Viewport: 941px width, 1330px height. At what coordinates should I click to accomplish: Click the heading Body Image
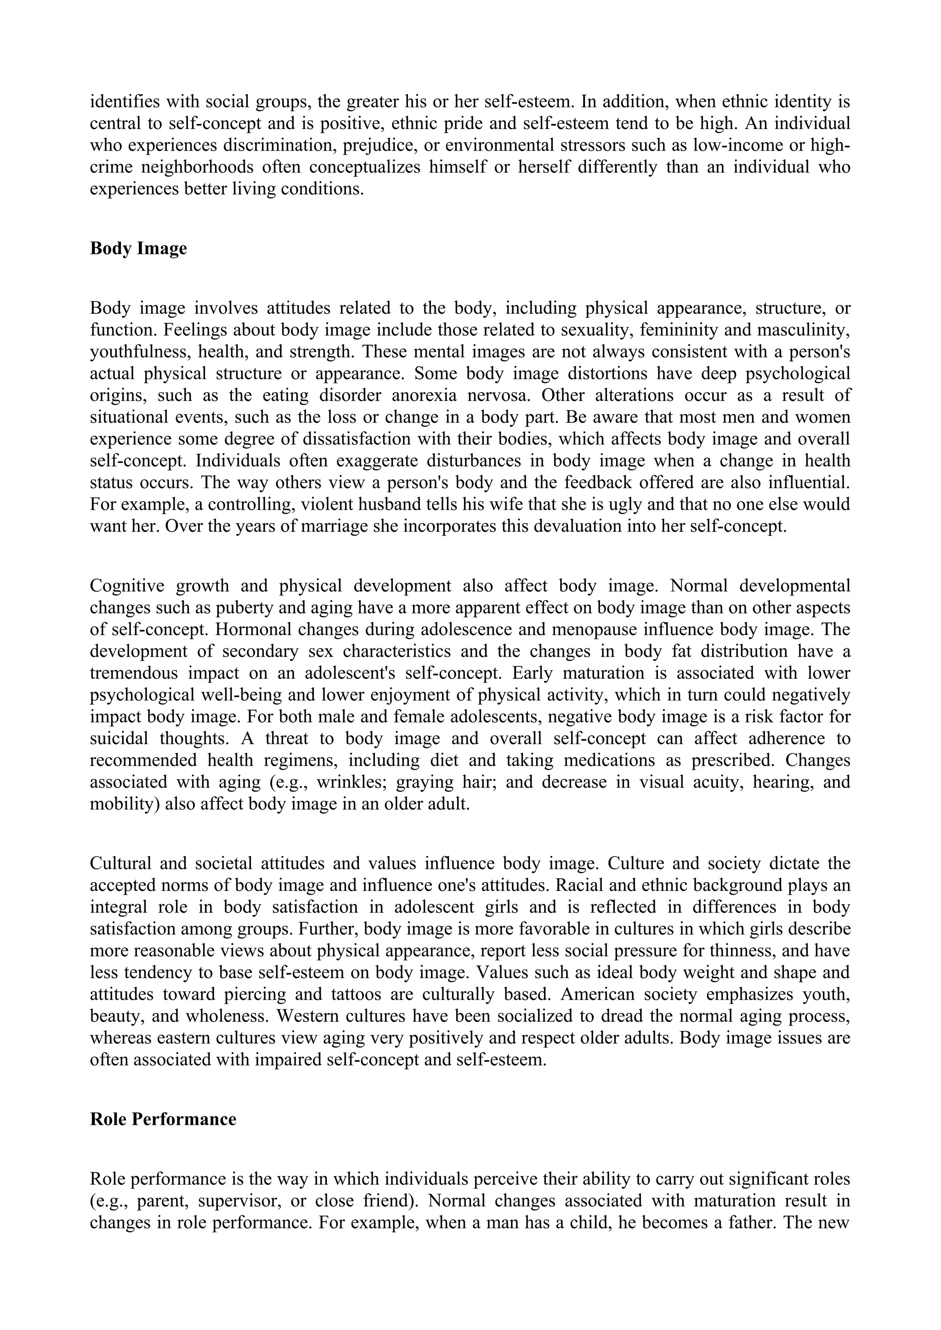click(138, 248)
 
